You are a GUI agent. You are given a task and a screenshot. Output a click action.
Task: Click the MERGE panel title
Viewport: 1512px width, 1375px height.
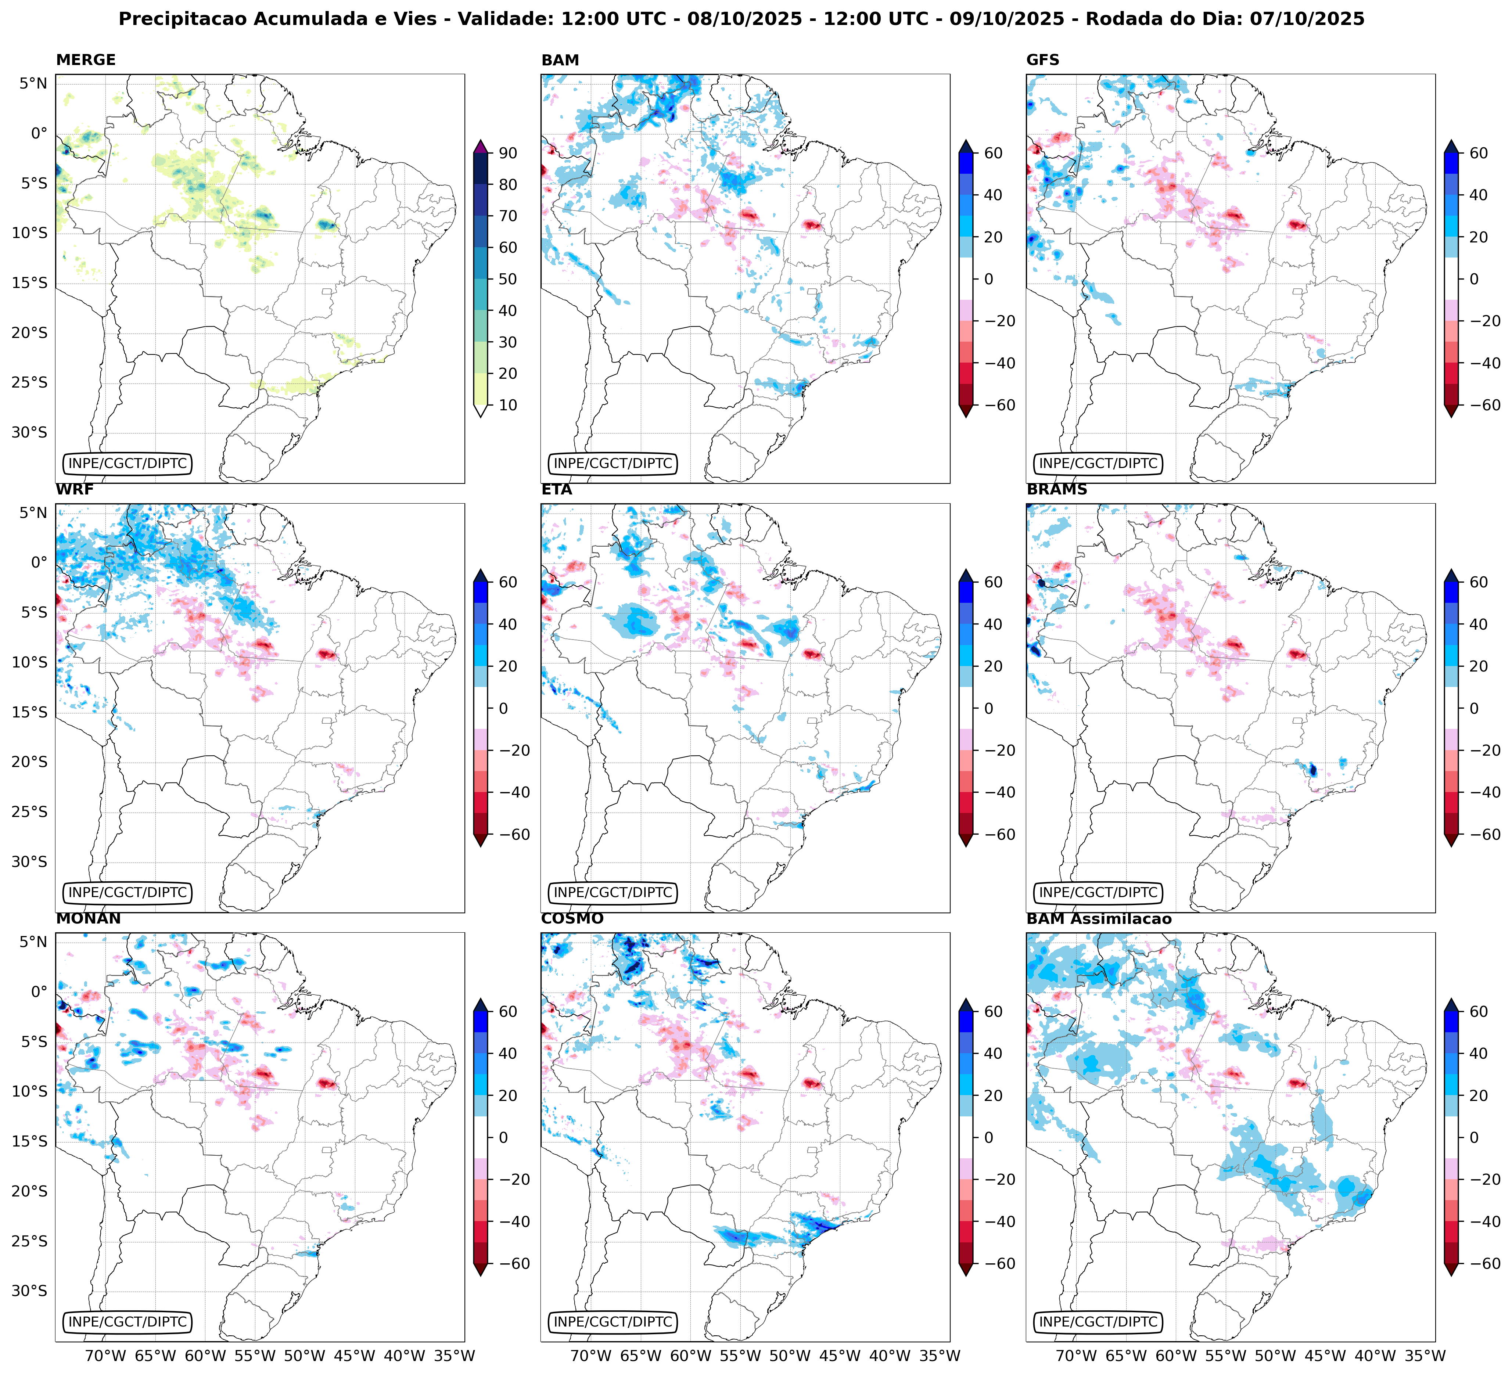coord(86,60)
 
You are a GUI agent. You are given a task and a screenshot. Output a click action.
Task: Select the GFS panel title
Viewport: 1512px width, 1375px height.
coord(1042,60)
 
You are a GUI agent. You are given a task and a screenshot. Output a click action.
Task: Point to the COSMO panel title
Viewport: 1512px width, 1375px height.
coord(571,919)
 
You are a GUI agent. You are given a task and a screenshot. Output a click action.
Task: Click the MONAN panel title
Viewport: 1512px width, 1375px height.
coord(88,919)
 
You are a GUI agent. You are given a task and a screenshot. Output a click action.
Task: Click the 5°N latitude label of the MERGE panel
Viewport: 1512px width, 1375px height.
coord(33,83)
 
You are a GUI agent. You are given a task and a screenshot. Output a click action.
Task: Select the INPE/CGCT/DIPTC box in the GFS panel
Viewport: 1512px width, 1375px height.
coord(1098,463)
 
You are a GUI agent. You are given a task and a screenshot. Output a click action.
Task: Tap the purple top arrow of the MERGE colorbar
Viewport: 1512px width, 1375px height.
coord(481,145)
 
